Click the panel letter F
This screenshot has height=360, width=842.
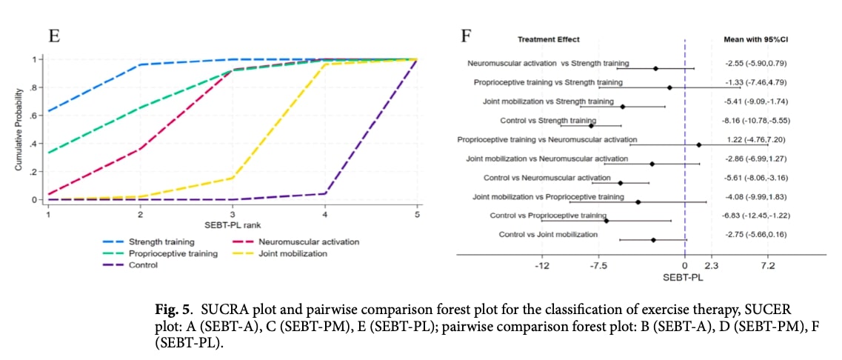(466, 35)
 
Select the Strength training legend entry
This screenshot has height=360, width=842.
(161, 241)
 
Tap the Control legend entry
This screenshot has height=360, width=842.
(144, 264)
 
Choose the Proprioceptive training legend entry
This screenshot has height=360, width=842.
(173, 253)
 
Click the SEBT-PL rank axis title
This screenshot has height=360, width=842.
(232, 225)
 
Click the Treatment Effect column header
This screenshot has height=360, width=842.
(549, 39)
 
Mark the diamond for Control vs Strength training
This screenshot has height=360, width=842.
(591, 126)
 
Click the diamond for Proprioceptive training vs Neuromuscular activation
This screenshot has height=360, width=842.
(698, 144)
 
